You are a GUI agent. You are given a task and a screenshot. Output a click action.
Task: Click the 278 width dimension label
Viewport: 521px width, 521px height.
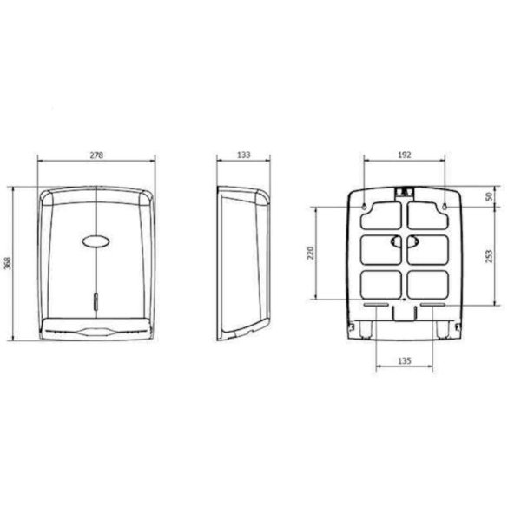pos(96,155)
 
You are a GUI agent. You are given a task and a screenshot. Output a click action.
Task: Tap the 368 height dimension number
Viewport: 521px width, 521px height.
pos(8,263)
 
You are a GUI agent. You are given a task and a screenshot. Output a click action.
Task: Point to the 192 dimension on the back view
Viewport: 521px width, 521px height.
pos(405,155)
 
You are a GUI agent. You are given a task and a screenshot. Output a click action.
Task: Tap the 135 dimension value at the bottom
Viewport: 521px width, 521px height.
pos(405,359)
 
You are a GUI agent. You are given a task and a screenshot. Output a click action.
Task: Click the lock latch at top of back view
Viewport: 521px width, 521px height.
pos(405,191)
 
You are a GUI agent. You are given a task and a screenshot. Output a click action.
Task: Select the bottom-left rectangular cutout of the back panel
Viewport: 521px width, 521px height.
pos(380,284)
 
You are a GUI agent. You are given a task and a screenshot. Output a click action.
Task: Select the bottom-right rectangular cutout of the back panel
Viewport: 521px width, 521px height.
pos(429,284)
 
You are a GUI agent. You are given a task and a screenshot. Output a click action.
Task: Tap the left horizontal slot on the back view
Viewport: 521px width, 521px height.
pos(376,306)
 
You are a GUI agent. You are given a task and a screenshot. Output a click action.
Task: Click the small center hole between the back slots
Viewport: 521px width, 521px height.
pos(405,301)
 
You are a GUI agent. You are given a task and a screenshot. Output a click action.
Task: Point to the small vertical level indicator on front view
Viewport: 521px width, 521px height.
pos(96,302)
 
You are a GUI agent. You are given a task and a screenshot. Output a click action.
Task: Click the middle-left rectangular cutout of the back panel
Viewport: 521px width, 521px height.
pos(380,248)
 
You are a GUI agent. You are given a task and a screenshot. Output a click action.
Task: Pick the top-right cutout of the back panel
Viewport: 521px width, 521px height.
pos(429,213)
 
